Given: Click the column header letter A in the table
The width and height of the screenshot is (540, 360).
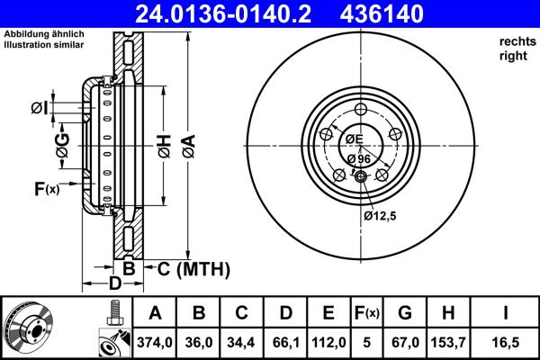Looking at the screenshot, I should pyautogui.click(x=156, y=313).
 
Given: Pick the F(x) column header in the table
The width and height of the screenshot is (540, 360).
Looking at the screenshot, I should pyautogui.click(x=366, y=313).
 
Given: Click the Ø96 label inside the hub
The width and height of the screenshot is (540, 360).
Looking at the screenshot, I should pyautogui.click(x=358, y=158).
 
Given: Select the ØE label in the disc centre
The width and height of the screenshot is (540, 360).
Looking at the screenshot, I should pyautogui.click(x=353, y=139).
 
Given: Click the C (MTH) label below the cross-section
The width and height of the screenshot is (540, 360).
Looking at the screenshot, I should pyautogui.click(x=193, y=269).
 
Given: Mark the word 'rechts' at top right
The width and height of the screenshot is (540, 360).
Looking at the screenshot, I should pyautogui.click(x=516, y=41).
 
